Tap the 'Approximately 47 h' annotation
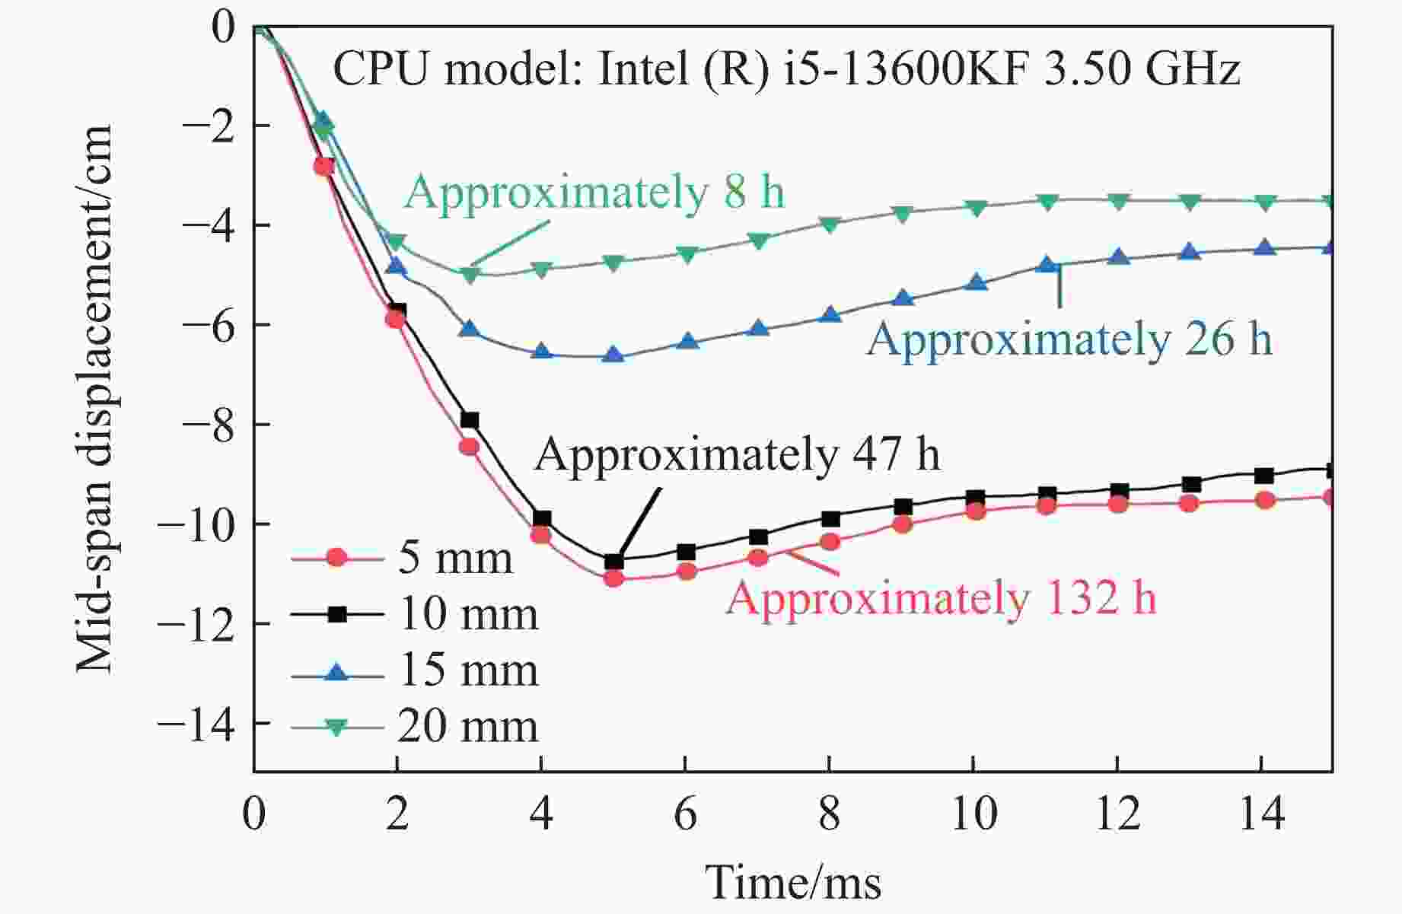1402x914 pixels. (x=737, y=454)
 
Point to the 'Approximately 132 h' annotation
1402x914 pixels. (x=941, y=597)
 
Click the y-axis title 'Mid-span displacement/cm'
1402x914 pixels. (x=94, y=399)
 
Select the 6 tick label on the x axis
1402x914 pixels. (x=685, y=814)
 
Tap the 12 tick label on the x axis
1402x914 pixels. (x=1117, y=814)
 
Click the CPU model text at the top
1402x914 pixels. (x=786, y=69)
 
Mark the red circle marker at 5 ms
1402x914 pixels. (x=613, y=578)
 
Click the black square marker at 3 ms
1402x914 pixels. (x=470, y=420)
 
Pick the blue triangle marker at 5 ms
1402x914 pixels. (x=613, y=355)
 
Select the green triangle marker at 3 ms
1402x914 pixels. (x=470, y=274)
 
